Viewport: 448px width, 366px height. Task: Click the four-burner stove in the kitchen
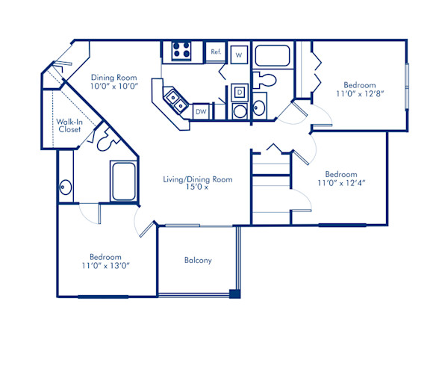click(x=181, y=51)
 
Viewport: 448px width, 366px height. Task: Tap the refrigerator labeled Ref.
click(x=216, y=52)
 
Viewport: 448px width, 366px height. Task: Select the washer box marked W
click(x=240, y=55)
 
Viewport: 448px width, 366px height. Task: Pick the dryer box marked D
click(x=240, y=91)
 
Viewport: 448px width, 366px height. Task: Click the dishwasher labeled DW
click(x=201, y=111)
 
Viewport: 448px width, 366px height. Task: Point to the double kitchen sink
click(x=175, y=99)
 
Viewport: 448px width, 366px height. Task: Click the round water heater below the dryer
click(x=240, y=111)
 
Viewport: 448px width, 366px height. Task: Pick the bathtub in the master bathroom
click(x=122, y=182)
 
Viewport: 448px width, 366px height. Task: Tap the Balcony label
click(x=198, y=261)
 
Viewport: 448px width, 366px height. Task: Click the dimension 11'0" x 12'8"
click(x=360, y=95)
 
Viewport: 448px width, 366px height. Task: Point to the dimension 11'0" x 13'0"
click(x=105, y=264)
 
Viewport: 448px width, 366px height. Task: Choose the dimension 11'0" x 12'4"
click(x=340, y=182)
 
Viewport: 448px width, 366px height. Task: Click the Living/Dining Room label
click(x=198, y=179)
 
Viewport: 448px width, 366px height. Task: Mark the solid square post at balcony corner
click(x=234, y=294)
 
